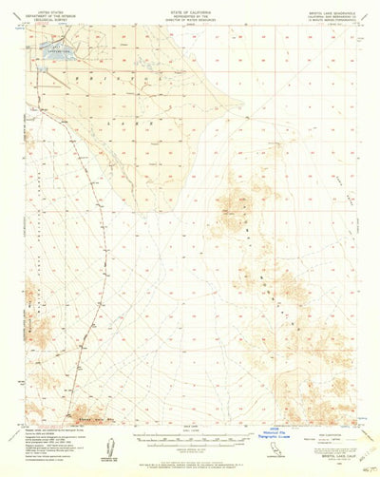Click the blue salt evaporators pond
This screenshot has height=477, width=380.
[55, 57]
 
